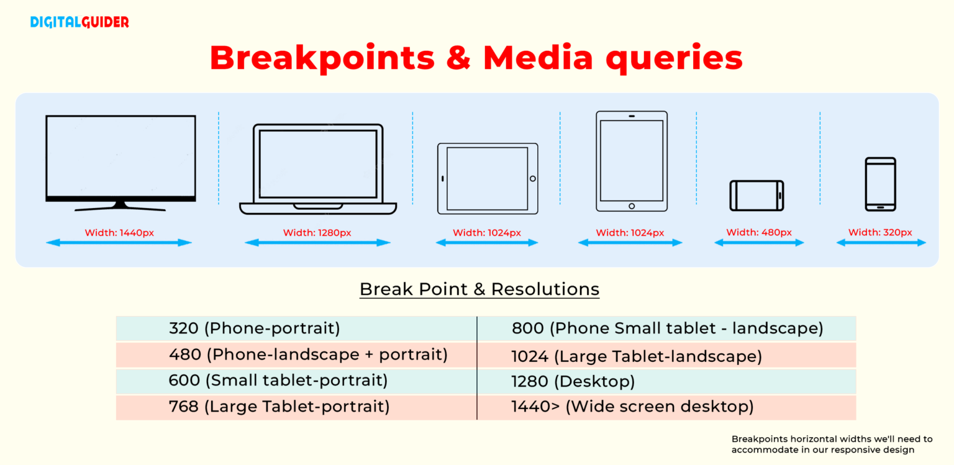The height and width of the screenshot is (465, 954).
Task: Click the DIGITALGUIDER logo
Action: [79, 22]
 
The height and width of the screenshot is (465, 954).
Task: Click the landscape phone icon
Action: [756, 196]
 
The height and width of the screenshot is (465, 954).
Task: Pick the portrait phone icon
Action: [881, 184]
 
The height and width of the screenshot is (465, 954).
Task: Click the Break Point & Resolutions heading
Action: [479, 289]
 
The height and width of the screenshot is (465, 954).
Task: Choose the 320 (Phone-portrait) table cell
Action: [255, 328]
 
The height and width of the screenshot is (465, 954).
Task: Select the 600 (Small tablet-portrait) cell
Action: [278, 381]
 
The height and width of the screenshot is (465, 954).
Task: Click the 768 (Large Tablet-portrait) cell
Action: [279, 407]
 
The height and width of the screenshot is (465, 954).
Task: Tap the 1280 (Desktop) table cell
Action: [573, 381]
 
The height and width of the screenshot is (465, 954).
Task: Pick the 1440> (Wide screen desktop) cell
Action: [632, 407]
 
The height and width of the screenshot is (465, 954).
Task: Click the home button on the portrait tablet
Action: [632, 206]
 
